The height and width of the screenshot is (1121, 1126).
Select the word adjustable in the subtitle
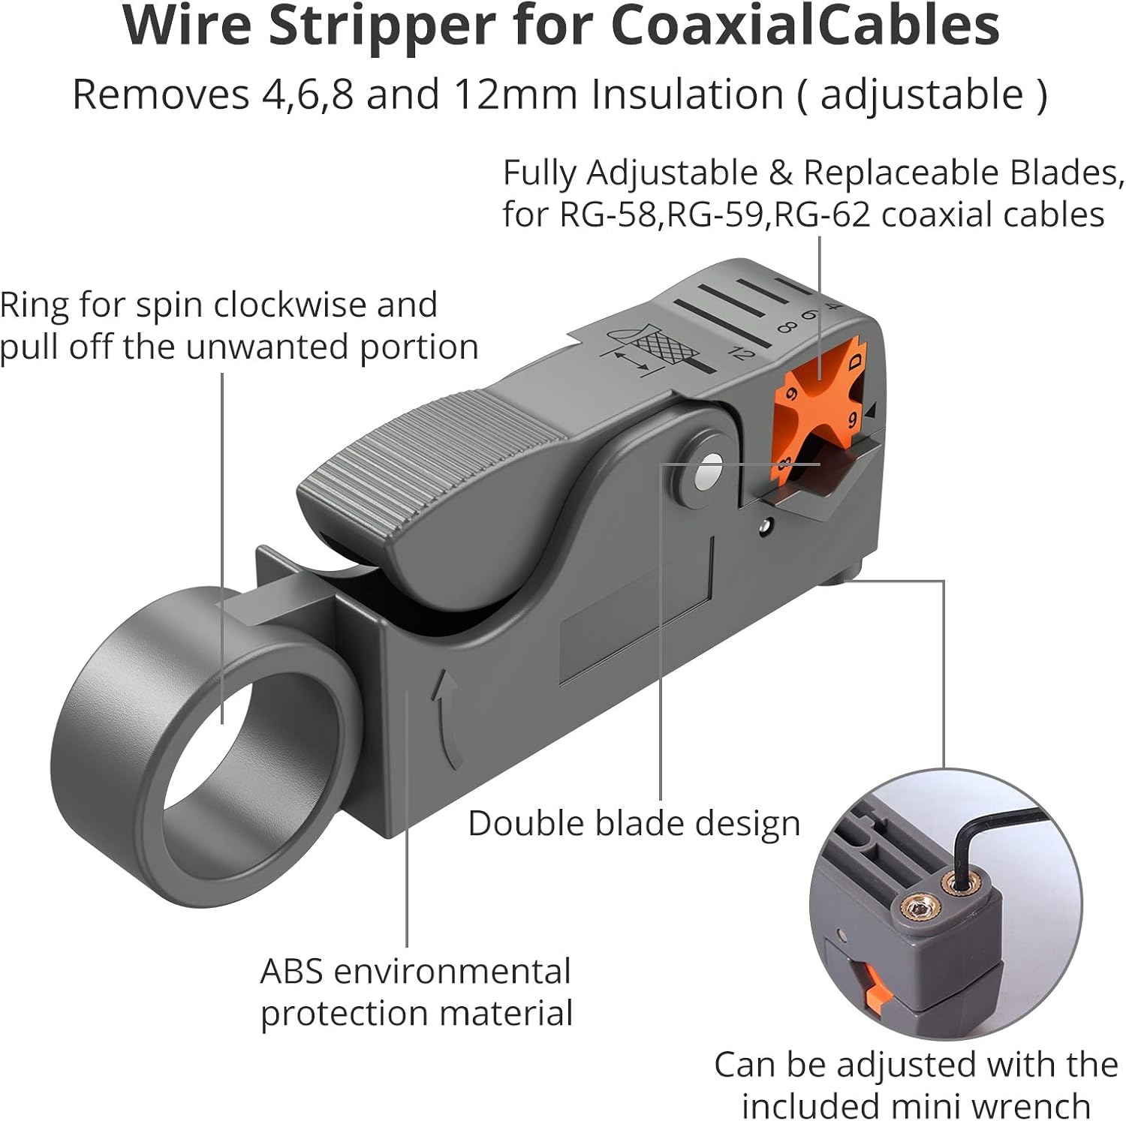922,95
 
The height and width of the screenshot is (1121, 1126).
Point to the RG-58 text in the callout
608,215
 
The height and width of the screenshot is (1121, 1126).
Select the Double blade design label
634,824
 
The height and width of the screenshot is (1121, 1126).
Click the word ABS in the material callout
292,972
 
